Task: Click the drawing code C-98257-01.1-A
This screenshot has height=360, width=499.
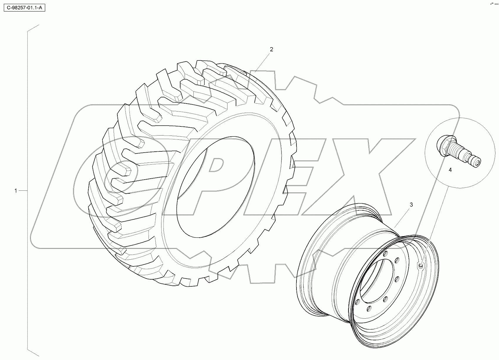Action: point(24,8)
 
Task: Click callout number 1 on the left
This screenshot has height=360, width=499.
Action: point(16,191)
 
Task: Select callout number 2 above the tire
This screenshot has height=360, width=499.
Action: point(272,49)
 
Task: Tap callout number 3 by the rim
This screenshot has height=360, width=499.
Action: point(411,204)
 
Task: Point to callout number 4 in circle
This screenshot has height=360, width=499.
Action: point(450,170)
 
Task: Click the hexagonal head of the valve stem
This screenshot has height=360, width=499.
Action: point(445,143)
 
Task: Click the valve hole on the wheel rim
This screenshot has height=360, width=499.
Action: point(421,266)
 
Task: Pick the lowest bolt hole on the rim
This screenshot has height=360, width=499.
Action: point(369,309)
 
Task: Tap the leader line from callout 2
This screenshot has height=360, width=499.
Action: point(263,62)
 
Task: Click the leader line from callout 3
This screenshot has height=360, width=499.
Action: point(402,217)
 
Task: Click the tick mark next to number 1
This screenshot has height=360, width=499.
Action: point(23,191)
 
